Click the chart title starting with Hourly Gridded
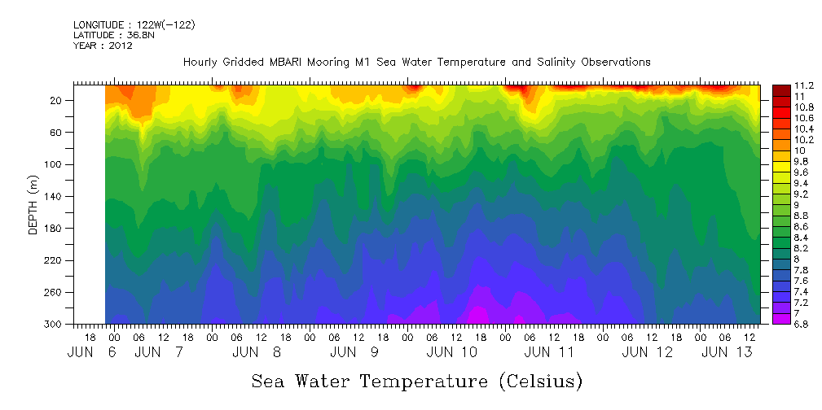(416, 62)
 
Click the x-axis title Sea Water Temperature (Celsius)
(416, 381)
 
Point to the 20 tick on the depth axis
(56, 100)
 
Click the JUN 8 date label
(257, 352)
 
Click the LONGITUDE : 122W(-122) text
(134, 25)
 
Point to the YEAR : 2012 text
(103, 46)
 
